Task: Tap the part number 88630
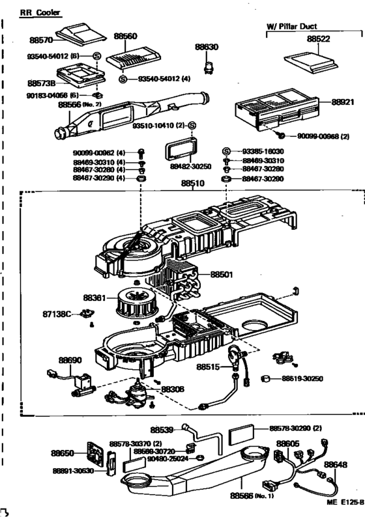(209, 47)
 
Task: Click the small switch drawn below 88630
(209, 65)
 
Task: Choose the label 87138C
(57, 314)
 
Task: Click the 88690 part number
(70, 359)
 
